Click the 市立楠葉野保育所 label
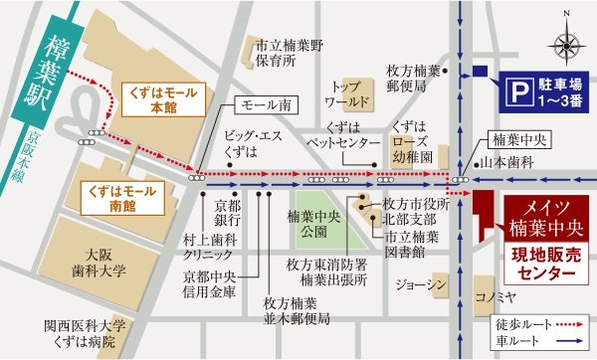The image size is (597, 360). pyautogui.click(x=290, y=53)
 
